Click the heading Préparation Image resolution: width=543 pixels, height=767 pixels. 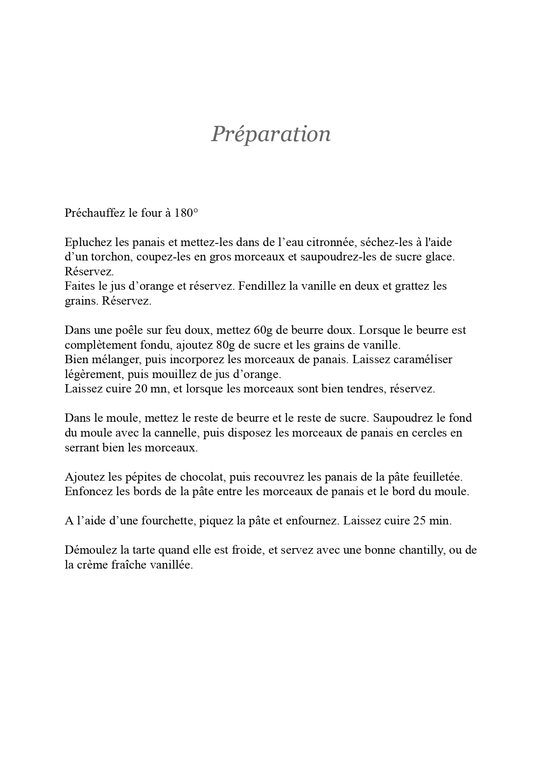click(x=271, y=134)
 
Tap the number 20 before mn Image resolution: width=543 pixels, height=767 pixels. click(x=142, y=389)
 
